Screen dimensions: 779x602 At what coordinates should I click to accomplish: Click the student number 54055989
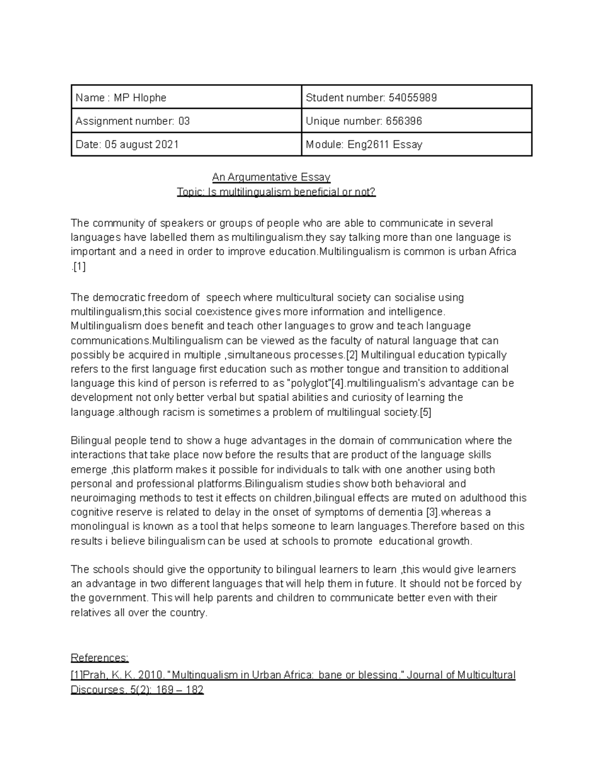(412, 98)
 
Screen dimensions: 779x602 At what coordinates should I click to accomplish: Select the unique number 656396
(404, 121)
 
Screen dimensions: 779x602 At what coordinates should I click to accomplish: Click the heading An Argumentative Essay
(271, 177)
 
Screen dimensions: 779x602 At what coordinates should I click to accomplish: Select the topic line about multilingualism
(276, 192)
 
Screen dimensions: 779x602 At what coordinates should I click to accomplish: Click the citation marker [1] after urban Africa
(79, 267)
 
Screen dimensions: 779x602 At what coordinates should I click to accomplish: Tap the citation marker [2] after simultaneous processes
(352, 355)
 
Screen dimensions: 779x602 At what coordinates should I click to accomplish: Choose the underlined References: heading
(100, 658)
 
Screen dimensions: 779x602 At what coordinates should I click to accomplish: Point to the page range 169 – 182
(180, 690)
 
